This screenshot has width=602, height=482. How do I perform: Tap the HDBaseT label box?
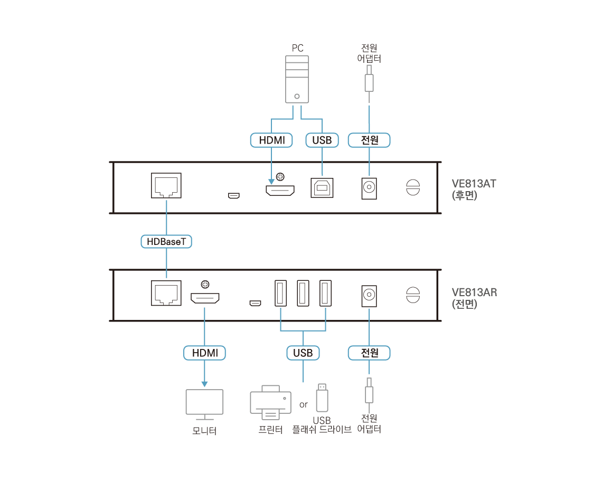coord(166,241)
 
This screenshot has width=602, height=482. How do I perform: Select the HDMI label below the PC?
coord(271,140)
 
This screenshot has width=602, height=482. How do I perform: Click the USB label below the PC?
coord(322,140)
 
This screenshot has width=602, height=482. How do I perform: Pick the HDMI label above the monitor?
coord(204,353)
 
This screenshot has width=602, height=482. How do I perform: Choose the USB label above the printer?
coord(303,353)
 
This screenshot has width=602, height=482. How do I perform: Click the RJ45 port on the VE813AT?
coord(166,185)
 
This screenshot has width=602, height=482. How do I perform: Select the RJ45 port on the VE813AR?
coord(166,293)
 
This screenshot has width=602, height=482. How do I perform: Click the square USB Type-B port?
coord(322,186)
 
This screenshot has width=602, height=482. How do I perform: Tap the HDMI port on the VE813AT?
coord(280,190)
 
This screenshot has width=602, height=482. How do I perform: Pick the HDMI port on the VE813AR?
coord(205,299)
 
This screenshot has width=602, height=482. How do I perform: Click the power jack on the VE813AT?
coord(369,187)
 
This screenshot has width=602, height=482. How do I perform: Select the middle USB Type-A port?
coord(303,292)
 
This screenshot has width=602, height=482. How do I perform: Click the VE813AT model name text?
coord(474,184)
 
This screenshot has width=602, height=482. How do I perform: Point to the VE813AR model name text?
coord(474,292)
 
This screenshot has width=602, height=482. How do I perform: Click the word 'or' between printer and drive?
coord(303,405)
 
